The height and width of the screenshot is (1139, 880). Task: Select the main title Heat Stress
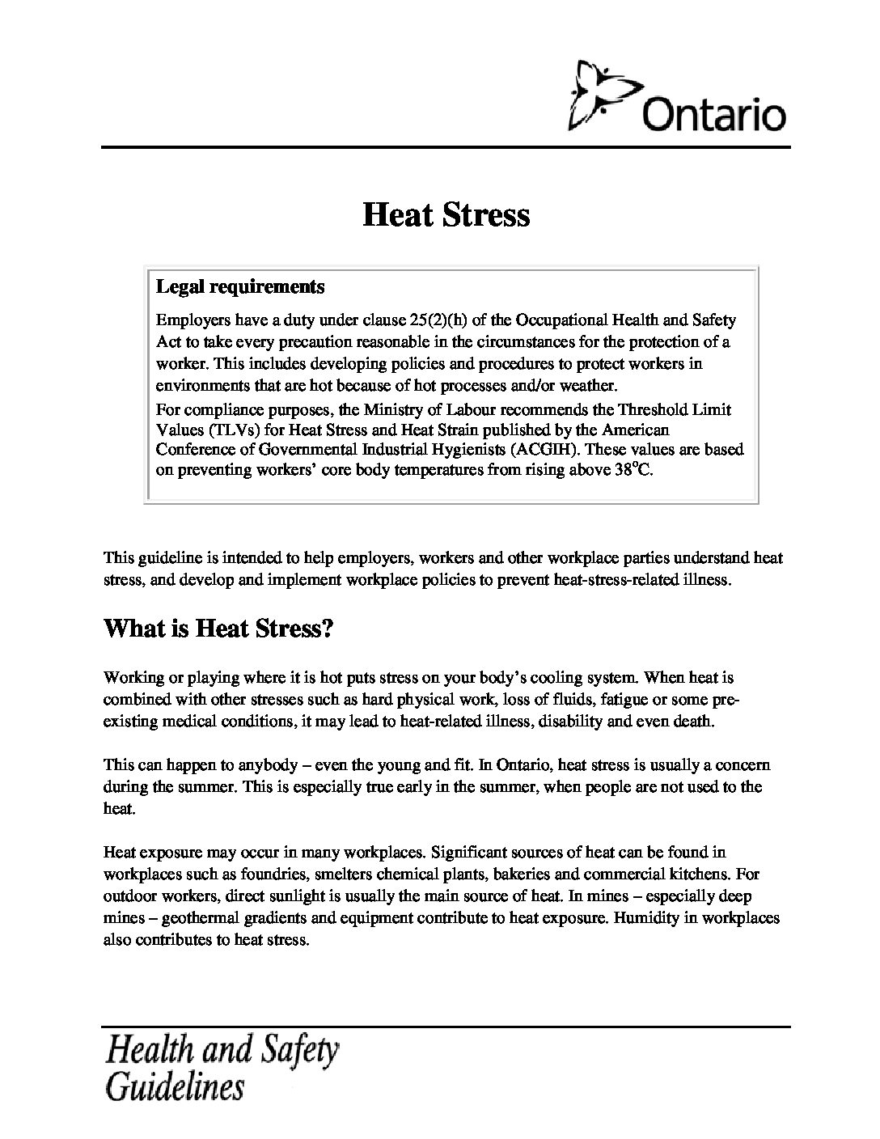pyautogui.click(x=446, y=215)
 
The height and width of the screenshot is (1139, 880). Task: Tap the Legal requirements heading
pyautogui.click(x=240, y=286)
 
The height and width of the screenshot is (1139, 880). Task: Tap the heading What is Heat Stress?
pyautogui.click(x=218, y=629)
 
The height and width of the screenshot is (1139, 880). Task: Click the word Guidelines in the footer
pyautogui.click(x=175, y=1086)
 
